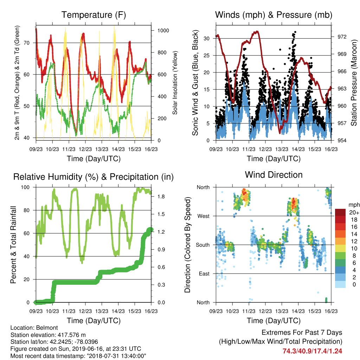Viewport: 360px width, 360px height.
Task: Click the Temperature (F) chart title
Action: tap(94, 15)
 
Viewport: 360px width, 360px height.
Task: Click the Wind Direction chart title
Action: tap(274, 175)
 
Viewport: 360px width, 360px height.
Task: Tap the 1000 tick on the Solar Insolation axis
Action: tap(163, 31)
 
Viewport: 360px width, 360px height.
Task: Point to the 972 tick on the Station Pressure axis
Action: tap(342, 37)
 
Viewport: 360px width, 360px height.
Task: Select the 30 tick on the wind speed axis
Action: tap(207, 38)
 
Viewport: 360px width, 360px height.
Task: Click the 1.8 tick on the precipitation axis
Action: tap(161, 197)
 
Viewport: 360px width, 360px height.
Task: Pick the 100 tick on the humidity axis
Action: tap(25, 187)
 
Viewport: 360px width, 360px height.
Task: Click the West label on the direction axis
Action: tap(204, 216)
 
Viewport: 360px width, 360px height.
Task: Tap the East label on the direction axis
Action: tap(204, 274)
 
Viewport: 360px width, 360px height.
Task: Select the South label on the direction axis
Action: tap(203, 245)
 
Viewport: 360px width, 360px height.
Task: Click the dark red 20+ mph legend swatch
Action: tap(340, 212)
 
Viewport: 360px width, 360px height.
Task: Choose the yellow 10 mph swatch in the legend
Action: tap(340, 249)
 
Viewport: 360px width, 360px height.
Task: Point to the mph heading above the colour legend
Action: tap(354, 205)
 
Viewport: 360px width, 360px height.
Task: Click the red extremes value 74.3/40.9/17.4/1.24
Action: tap(312, 351)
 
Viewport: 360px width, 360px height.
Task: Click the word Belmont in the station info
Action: tap(47, 328)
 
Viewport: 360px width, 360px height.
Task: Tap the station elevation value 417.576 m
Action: tap(72, 335)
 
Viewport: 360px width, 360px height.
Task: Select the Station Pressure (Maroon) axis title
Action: tap(354, 83)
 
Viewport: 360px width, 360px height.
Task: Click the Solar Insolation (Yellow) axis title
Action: tap(175, 83)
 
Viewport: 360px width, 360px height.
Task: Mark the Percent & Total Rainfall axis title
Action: tap(13, 245)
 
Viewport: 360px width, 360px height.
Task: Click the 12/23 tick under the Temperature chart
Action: tap(85, 149)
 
